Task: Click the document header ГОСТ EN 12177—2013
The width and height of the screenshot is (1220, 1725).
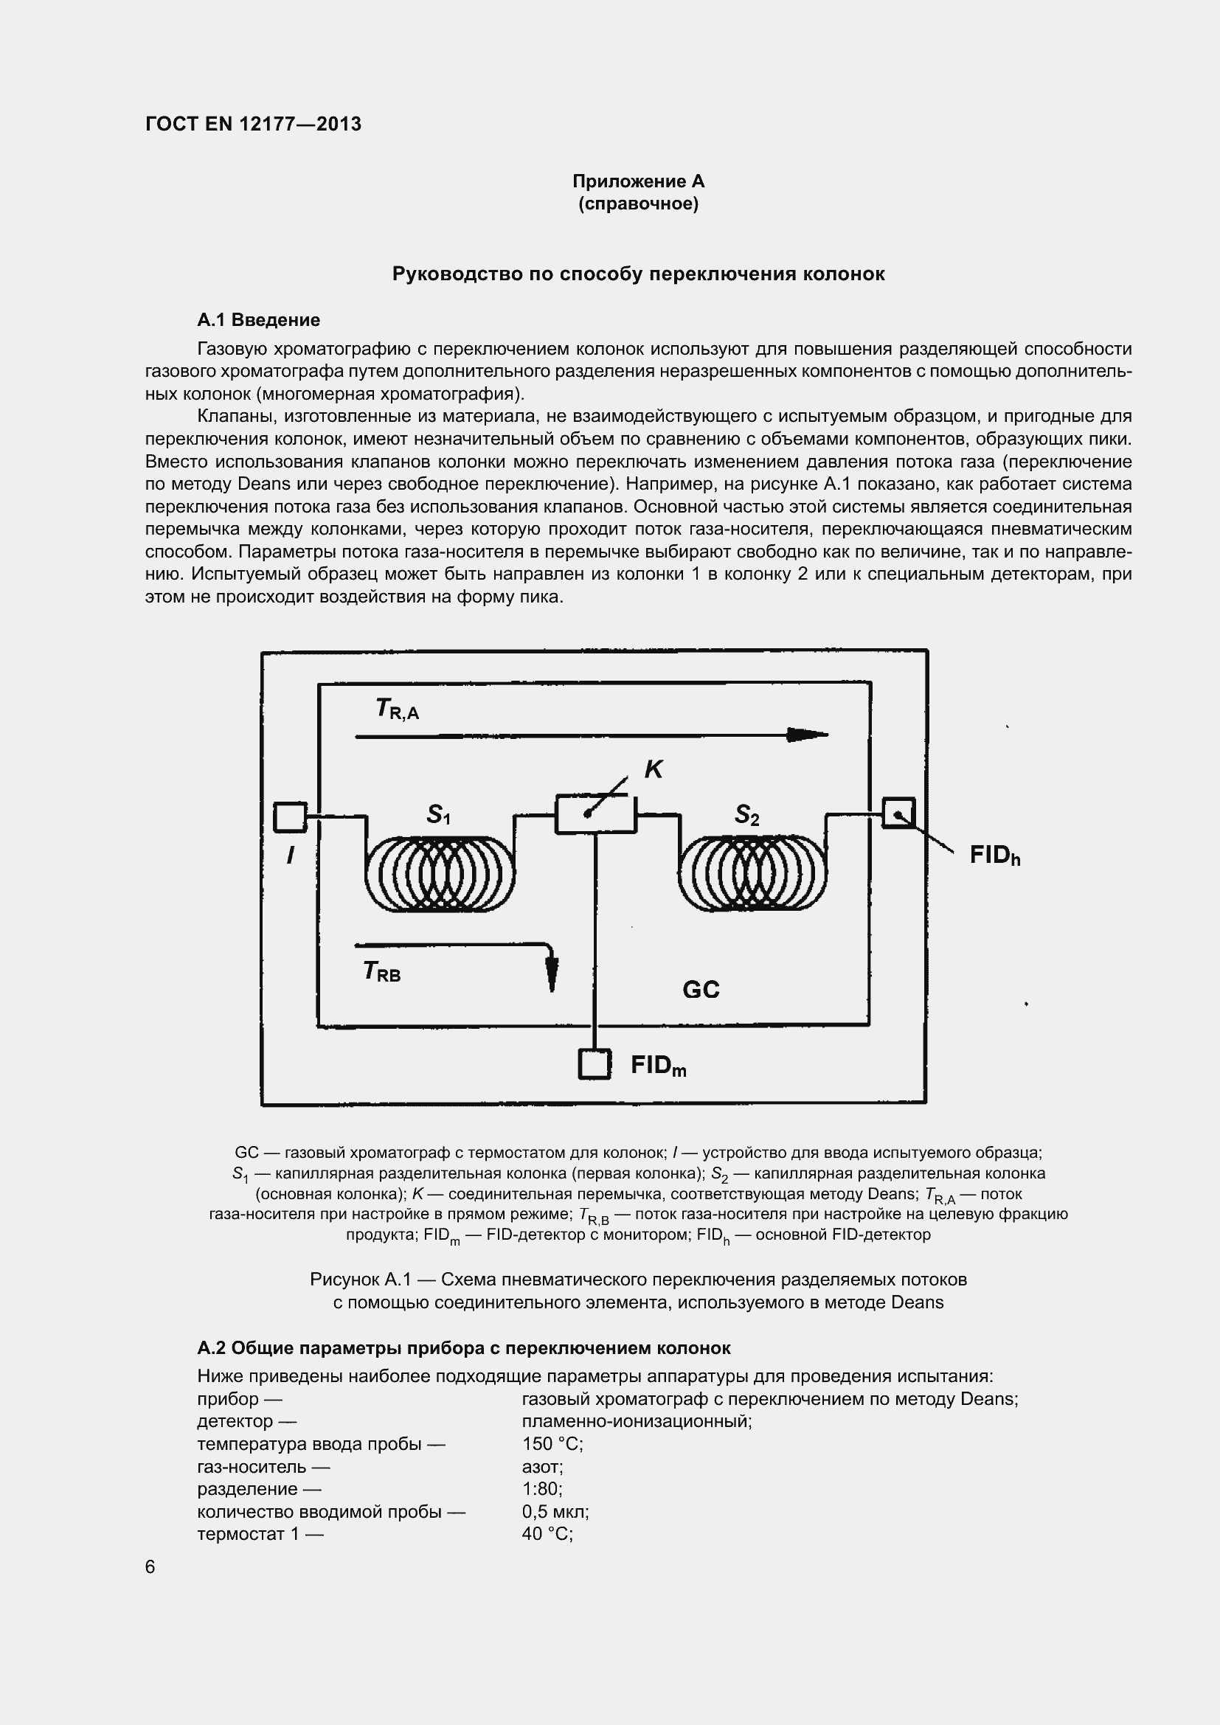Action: tap(253, 124)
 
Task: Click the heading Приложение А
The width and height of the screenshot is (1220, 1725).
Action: tap(638, 181)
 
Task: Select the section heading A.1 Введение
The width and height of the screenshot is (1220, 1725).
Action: tap(258, 320)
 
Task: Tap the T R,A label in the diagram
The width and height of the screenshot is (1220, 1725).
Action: tap(397, 709)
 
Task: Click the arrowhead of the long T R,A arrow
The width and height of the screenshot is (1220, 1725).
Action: tap(808, 735)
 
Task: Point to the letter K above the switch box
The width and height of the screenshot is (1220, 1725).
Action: tap(653, 768)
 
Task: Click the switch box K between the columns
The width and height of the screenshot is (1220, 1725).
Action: tap(595, 813)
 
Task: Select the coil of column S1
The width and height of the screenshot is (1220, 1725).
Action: tap(440, 873)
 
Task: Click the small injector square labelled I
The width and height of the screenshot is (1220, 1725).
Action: tap(290, 816)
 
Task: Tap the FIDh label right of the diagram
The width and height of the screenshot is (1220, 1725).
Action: tap(994, 855)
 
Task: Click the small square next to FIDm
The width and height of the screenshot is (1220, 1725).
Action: tap(595, 1064)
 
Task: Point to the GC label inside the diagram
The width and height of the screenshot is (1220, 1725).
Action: tap(700, 990)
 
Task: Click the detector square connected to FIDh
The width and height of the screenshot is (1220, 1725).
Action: tap(898, 813)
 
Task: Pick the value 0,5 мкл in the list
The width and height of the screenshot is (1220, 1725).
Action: tap(555, 1511)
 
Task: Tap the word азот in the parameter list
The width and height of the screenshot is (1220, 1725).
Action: tap(542, 1466)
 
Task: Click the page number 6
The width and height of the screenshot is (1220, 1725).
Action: tap(150, 1566)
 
